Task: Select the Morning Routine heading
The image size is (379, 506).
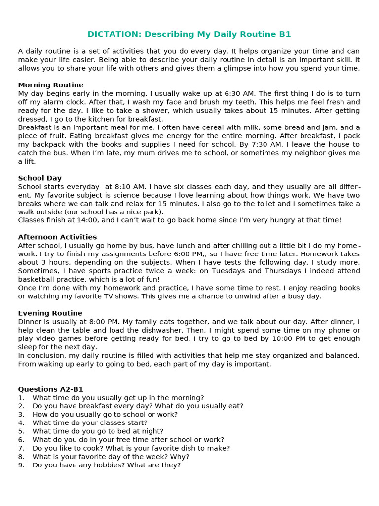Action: (51, 85)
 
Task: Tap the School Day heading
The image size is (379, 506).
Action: (40, 178)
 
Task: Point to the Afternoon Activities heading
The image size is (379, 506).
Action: (57, 237)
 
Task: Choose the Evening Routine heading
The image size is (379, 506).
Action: (50, 313)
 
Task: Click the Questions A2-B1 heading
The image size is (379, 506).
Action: (51, 389)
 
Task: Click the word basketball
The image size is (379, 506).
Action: (36, 279)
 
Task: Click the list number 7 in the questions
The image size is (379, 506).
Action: (21, 448)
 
